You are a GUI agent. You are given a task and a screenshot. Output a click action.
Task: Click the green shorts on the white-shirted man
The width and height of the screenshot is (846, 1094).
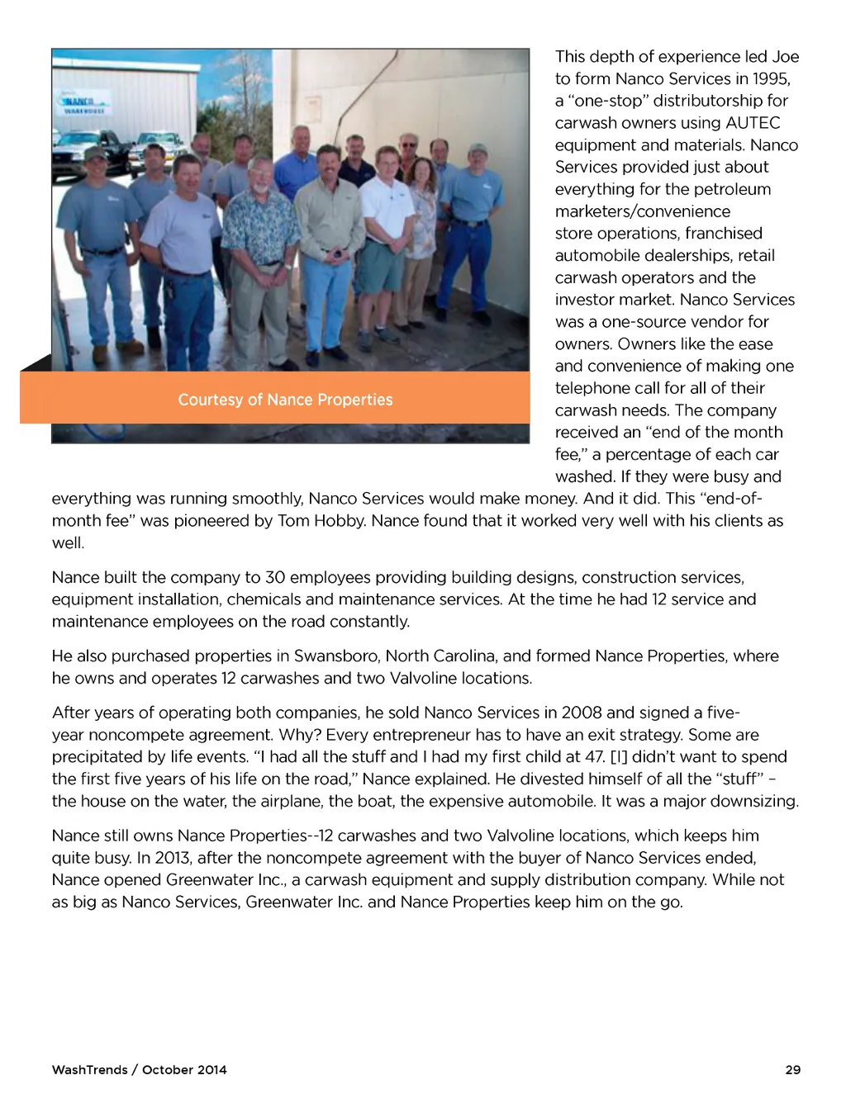point(380,266)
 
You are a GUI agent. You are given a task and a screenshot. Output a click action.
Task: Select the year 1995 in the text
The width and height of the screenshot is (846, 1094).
point(770,79)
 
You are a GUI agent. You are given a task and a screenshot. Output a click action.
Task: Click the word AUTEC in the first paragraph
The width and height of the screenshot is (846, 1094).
point(753,123)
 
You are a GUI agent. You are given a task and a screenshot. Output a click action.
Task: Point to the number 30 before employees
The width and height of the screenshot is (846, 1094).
point(274,577)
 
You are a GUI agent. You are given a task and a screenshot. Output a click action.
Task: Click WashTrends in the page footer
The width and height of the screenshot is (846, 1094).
point(89,1070)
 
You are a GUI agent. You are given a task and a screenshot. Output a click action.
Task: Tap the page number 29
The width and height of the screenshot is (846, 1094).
point(792,1070)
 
